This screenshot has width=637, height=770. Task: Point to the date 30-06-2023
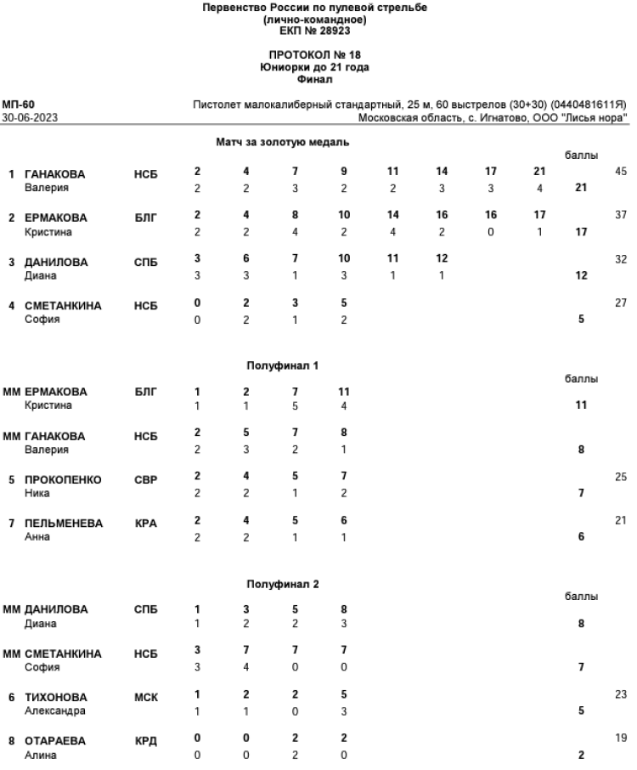point(25,117)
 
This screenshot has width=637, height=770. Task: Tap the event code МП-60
point(18,105)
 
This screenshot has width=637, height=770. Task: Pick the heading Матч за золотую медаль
point(277,143)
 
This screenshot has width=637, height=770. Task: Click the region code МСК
point(146,698)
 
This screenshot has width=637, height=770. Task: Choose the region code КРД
point(146,741)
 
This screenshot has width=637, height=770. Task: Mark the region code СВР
point(146,480)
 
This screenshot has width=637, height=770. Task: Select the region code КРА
point(146,524)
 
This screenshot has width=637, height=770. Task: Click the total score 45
point(619,171)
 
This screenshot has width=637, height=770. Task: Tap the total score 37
point(619,215)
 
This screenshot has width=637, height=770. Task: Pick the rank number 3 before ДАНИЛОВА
point(13,262)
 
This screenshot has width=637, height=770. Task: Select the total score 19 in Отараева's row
point(619,739)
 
